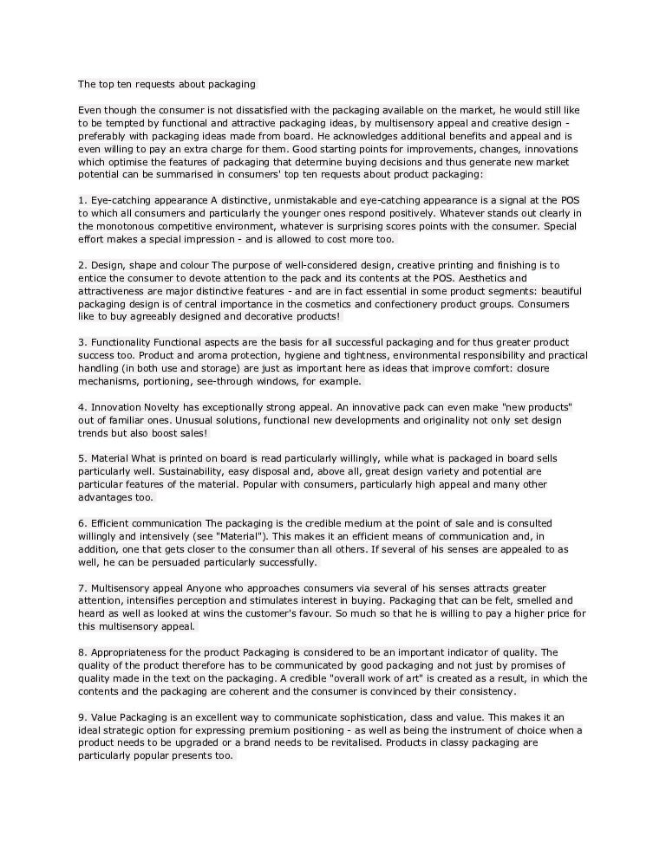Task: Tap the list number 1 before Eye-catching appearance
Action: click(x=81, y=200)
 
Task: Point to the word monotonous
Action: click(x=121, y=226)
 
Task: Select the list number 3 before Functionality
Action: click(x=81, y=342)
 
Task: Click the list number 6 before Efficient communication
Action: click(x=81, y=523)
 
